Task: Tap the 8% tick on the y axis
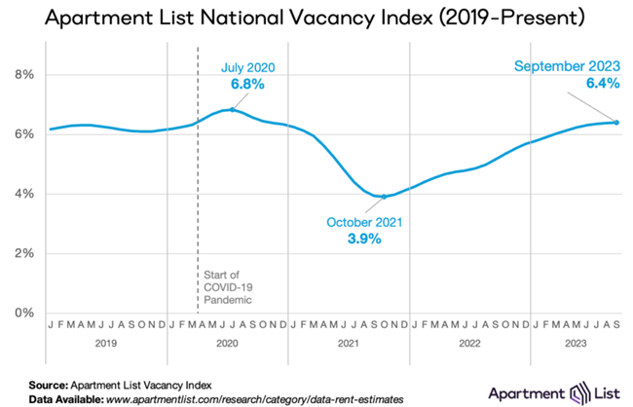[22, 74]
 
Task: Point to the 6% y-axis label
[22, 134]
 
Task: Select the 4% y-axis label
[22, 194]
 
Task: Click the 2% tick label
[22, 253]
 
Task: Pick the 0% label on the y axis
[22, 314]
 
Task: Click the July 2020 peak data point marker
[231, 110]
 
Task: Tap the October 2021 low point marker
[384, 197]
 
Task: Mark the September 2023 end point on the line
[617, 122]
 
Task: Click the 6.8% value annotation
[247, 86]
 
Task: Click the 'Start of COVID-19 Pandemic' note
[226, 289]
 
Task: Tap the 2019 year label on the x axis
[107, 344]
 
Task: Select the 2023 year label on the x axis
[575, 344]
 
